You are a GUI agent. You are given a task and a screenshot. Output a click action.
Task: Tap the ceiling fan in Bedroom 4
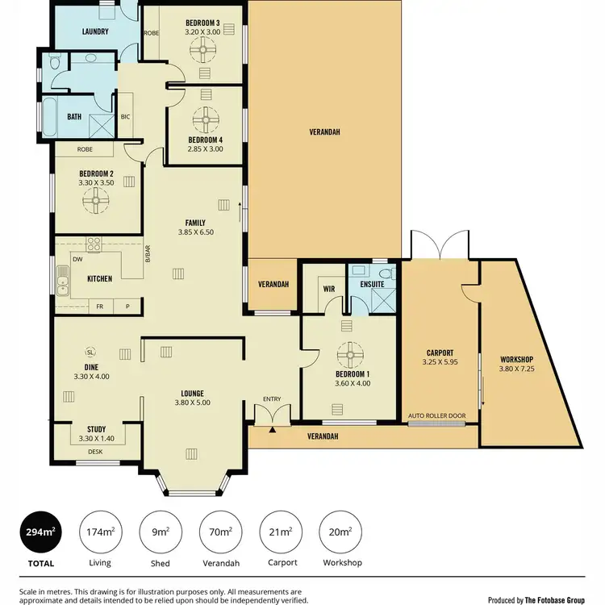pos(205,123)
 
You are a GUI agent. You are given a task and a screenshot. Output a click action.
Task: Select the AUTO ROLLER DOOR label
pos(437,415)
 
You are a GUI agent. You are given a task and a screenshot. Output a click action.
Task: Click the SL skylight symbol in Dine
pos(91,352)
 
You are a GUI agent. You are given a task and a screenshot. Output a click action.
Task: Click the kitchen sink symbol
pos(61,282)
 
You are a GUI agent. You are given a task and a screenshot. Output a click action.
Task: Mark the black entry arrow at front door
pos(272,429)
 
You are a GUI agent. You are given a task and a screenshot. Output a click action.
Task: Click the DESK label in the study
pos(95,452)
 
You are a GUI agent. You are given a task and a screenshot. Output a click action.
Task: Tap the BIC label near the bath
pos(125,116)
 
